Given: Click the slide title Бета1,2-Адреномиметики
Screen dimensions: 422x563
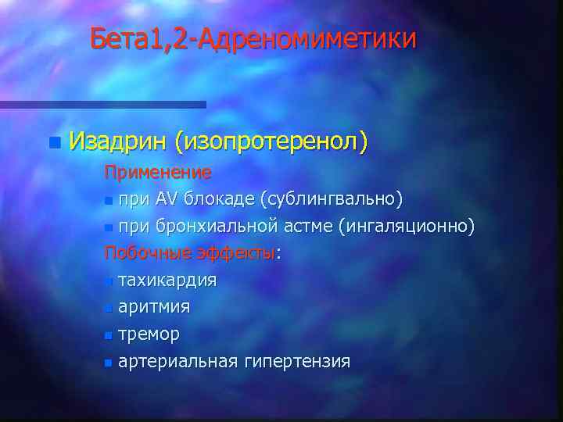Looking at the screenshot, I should click(x=253, y=38).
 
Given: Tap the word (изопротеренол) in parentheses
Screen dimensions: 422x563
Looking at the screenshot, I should click(x=271, y=142).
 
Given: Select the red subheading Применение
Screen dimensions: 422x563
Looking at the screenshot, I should click(x=159, y=171).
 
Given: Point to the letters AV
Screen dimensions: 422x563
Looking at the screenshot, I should click(x=167, y=199).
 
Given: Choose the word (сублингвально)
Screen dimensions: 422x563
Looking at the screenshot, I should click(x=332, y=199).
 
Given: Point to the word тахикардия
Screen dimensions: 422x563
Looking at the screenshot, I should click(x=167, y=280).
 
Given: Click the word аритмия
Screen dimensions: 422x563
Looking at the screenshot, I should click(x=153, y=307).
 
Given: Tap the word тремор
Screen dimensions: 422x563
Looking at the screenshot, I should click(x=149, y=334).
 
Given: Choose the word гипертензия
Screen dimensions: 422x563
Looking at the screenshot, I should click(x=296, y=361).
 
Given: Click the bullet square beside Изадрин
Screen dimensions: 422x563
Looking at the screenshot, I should click(x=53, y=142).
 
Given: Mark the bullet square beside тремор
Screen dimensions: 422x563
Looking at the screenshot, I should click(x=108, y=335).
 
